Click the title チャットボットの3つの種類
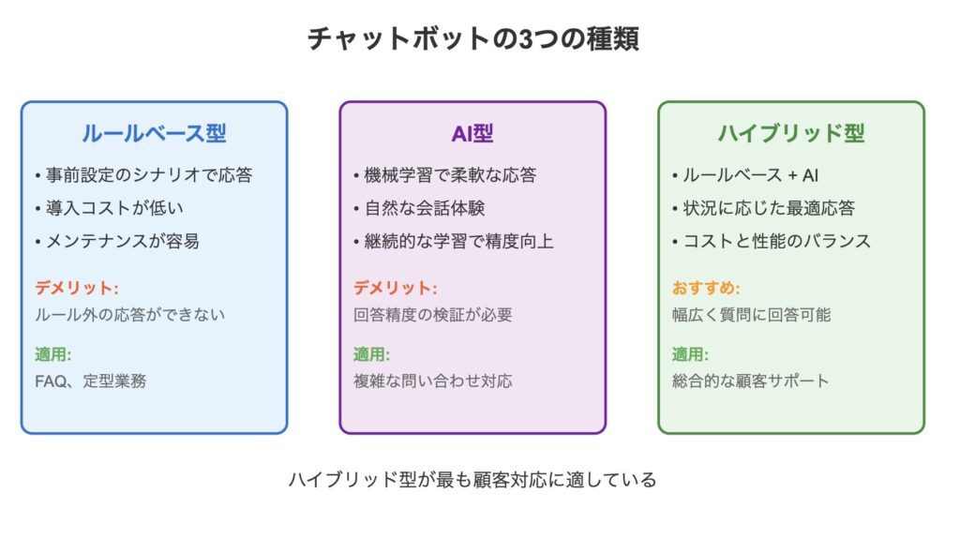tap(473, 38)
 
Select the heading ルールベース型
tap(155, 133)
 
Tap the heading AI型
tap(472, 133)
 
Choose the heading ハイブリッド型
tap(791, 133)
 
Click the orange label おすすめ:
tap(706, 288)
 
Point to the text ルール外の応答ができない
tap(129, 315)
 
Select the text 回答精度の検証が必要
tap(433, 315)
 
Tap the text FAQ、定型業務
tap(91, 381)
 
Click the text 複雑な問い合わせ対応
tap(433, 381)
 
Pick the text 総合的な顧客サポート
tap(751, 381)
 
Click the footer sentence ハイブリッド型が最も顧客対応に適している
tap(472, 479)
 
